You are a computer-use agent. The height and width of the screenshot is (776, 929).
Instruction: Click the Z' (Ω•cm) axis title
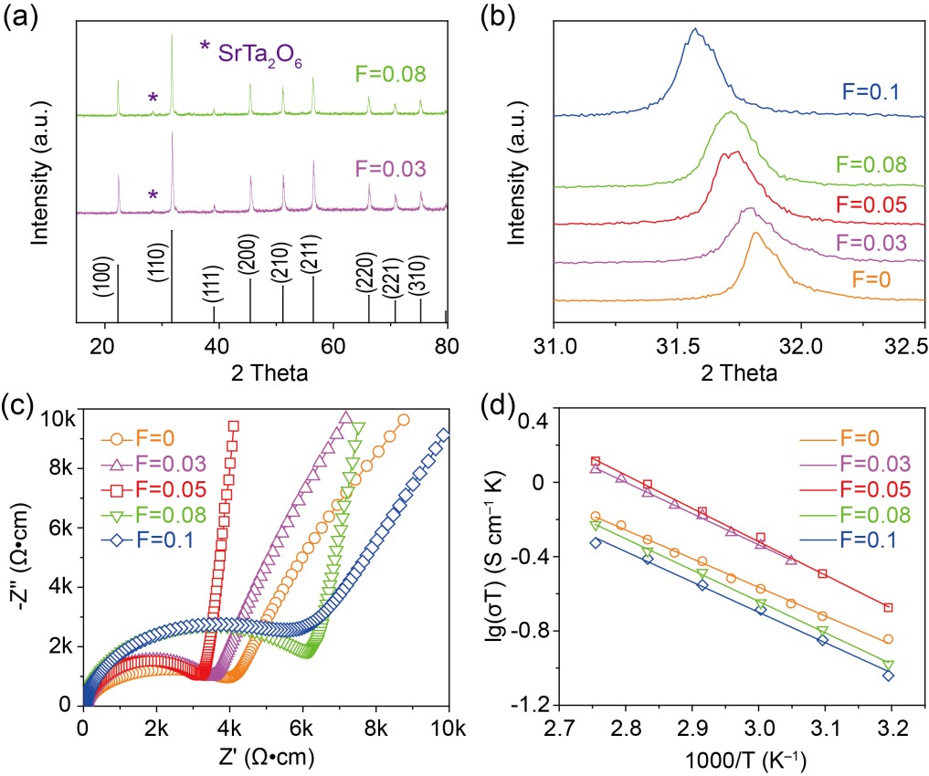(265, 754)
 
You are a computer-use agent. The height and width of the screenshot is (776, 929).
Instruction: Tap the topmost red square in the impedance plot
(234, 425)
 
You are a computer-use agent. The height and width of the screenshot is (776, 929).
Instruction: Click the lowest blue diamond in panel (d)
(888, 676)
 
